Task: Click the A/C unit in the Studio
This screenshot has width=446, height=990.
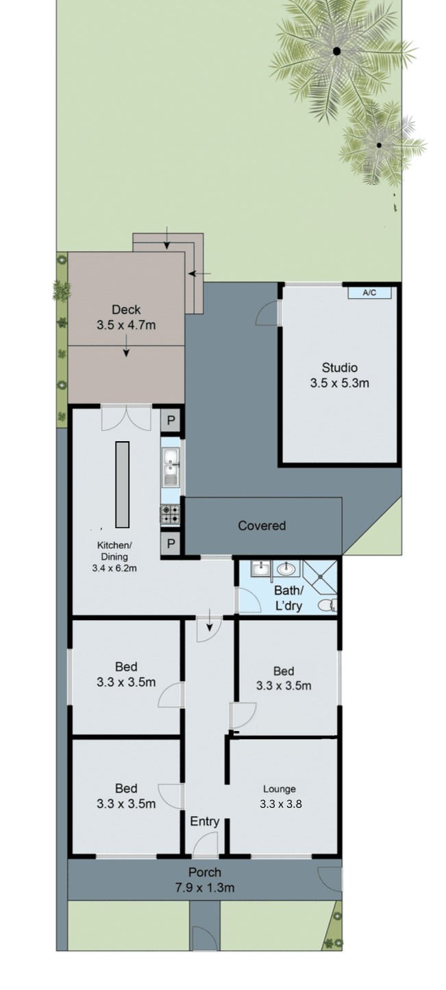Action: pos(369,293)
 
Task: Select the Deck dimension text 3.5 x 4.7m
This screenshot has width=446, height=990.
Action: pos(126,325)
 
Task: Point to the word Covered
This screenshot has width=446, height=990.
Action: pos(262,525)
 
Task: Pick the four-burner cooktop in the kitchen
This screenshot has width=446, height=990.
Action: pos(171,514)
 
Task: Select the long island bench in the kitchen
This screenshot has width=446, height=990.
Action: pos(122,484)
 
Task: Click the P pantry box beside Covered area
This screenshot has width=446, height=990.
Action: pos(171,545)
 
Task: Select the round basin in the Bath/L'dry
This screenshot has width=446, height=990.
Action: pos(285,569)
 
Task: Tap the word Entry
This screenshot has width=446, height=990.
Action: pos(204,821)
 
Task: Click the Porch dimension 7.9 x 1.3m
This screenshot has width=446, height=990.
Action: pos(204,888)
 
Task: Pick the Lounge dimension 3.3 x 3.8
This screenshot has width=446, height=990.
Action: pos(280,804)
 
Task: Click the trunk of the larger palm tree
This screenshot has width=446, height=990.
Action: pos(336,51)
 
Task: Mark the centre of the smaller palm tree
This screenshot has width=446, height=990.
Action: pos(379,145)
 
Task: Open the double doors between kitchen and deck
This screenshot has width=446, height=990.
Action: pos(126,418)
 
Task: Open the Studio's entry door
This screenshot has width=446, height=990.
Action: pos(269,313)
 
